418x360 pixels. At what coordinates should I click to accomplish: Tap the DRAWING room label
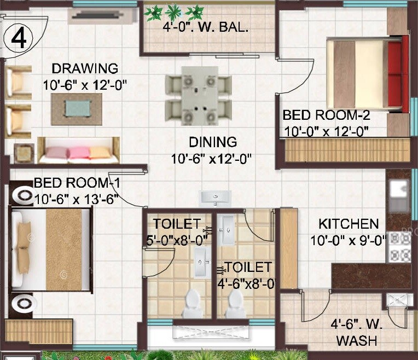point(85,68)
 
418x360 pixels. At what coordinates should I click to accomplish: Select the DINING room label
point(213,142)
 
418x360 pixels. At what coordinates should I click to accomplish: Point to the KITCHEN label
point(349,224)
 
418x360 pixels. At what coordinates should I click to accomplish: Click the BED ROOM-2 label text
point(326,115)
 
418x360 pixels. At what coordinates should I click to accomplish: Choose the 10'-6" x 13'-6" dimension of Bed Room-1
point(77,199)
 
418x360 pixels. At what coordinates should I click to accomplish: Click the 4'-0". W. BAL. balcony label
point(205,28)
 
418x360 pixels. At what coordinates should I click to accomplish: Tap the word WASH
point(356,340)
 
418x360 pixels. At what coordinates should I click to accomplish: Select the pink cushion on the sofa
point(79,152)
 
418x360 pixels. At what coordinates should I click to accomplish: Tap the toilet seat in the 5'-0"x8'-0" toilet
point(192,304)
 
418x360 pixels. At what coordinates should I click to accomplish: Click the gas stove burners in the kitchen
point(398,247)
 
